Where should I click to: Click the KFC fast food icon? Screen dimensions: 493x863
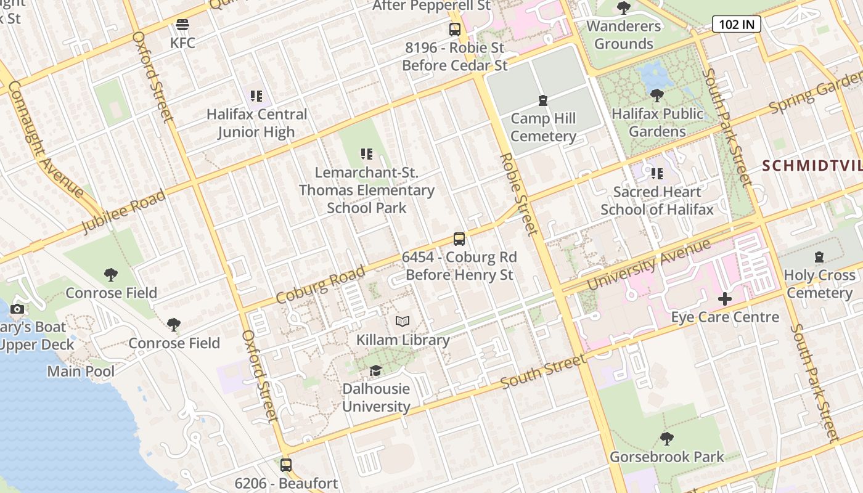pos(182,25)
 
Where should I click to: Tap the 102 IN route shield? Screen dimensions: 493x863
pos(737,24)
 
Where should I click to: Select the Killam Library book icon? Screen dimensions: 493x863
pos(403,322)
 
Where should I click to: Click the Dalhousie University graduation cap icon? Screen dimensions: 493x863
pos(375,370)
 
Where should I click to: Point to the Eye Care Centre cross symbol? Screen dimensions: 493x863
pos(725,299)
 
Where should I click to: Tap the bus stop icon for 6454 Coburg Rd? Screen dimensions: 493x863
pos(459,238)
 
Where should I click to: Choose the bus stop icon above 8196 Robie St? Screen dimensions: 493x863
pos(454,29)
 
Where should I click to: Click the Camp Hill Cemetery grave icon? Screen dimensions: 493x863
pos(543,100)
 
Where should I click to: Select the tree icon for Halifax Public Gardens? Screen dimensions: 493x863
pos(657,96)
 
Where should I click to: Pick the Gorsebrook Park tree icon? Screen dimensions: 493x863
pos(666,439)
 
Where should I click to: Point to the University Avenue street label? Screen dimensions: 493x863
pos(648,264)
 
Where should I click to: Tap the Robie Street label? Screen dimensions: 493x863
pos(520,194)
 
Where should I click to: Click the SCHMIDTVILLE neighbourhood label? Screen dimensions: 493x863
pos(812,166)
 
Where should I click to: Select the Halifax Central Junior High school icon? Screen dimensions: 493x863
pos(256,96)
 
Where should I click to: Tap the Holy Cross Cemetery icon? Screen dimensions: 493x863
pos(819,257)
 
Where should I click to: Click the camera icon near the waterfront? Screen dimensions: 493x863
pos(17,309)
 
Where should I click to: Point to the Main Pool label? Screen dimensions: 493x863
pos(81,372)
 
